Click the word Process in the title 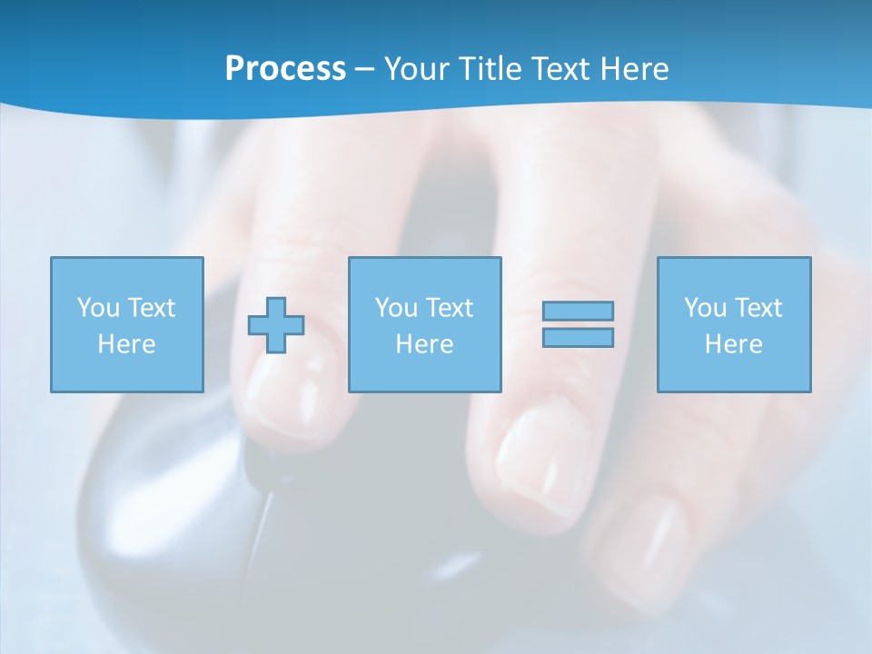285,69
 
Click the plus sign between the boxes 276,325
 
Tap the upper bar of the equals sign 578,311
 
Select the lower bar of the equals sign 578,337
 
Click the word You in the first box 98,308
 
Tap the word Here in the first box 126,344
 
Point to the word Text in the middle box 451,308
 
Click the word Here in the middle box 424,344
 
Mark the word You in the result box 705,308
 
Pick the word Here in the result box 733,344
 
